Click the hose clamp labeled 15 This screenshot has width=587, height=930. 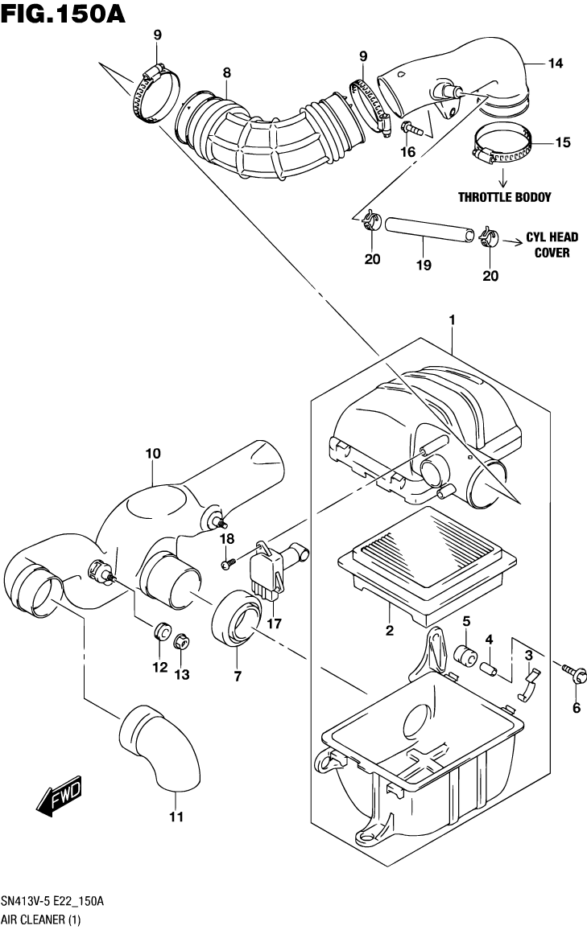pyautogui.click(x=502, y=145)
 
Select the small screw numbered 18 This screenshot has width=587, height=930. pyautogui.click(x=228, y=564)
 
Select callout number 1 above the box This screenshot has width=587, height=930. pyautogui.click(x=453, y=320)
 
